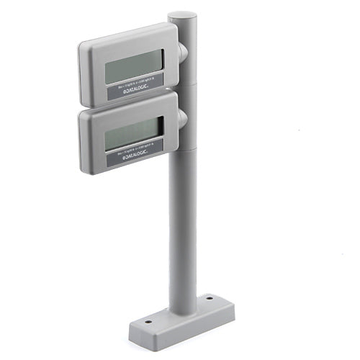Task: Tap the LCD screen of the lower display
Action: tap(132, 134)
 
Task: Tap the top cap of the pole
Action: tap(182, 15)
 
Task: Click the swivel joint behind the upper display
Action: tap(181, 51)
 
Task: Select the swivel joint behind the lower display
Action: tap(181, 116)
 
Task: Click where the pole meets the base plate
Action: tap(184, 308)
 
